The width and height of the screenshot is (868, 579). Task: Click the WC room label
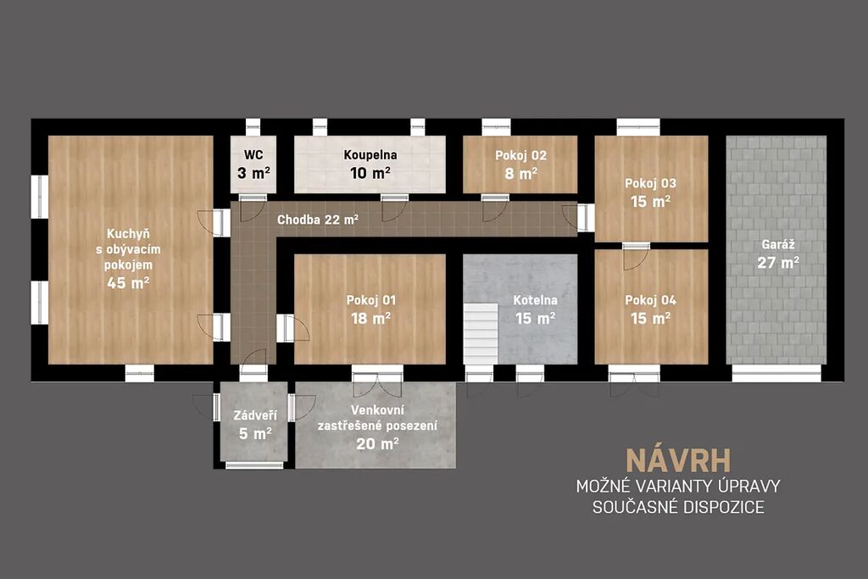pos(253,155)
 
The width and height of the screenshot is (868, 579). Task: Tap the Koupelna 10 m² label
pos(370,164)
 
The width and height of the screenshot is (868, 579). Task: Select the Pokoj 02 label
pos(521,155)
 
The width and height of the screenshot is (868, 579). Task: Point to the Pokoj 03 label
pos(650,183)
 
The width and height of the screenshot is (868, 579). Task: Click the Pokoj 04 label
pos(650,300)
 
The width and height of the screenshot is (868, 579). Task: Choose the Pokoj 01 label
pos(371,300)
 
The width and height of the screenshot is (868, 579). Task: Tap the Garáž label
pos(778,244)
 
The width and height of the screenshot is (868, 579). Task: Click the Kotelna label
pos(536,300)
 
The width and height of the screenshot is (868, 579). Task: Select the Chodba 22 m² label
pos(318,220)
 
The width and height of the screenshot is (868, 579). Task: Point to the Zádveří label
pos(254,415)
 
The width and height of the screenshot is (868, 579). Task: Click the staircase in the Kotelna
pos(481,334)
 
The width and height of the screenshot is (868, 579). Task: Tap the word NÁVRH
pos(678,460)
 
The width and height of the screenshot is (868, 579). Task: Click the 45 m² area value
pos(128,283)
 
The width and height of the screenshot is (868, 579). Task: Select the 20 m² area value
pos(377,443)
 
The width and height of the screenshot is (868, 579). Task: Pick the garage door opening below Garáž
pos(776,373)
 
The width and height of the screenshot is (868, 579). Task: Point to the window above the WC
pos(253,127)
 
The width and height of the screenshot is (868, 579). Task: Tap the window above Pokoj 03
pos(638,127)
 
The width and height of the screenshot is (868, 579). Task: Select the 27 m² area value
pos(778,263)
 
